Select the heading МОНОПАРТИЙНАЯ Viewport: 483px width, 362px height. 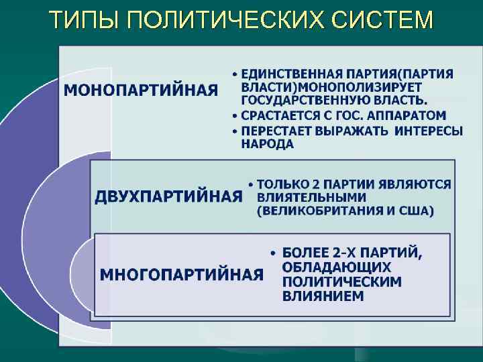(x=141, y=90)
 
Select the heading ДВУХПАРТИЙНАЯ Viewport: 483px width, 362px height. (x=168, y=196)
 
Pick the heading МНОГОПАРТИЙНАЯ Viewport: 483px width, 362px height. (x=181, y=274)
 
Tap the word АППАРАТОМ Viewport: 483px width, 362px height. (x=409, y=115)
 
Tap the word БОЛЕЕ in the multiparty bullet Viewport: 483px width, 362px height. (x=306, y=253)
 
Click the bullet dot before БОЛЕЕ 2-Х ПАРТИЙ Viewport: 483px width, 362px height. (x=272, y=254)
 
